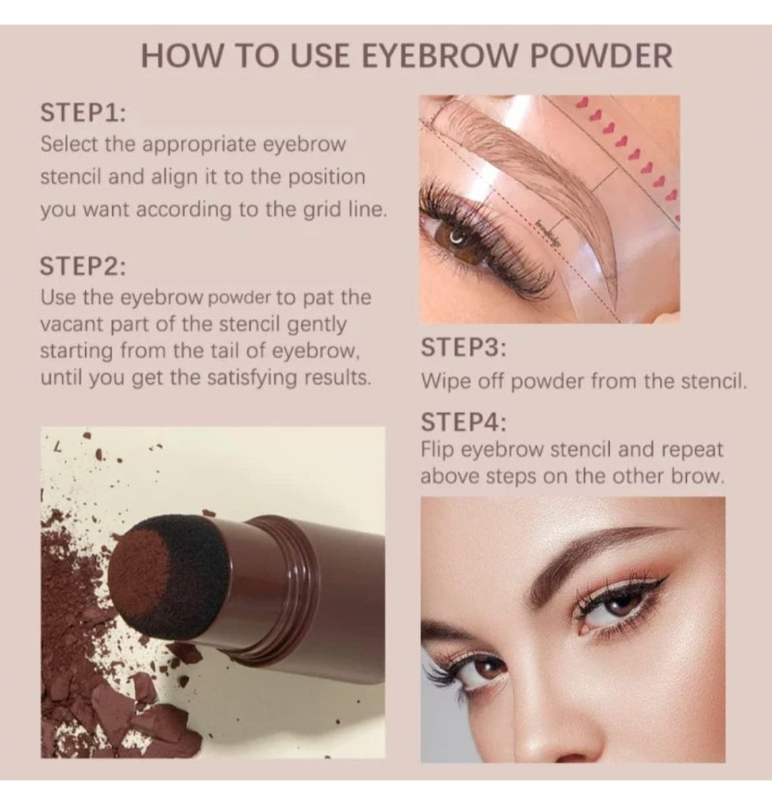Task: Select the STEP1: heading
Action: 83,113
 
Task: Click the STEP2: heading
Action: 83,266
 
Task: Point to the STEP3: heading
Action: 463,348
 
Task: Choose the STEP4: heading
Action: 463,422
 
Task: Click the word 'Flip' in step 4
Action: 437,450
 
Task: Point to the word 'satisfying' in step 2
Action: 263,377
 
